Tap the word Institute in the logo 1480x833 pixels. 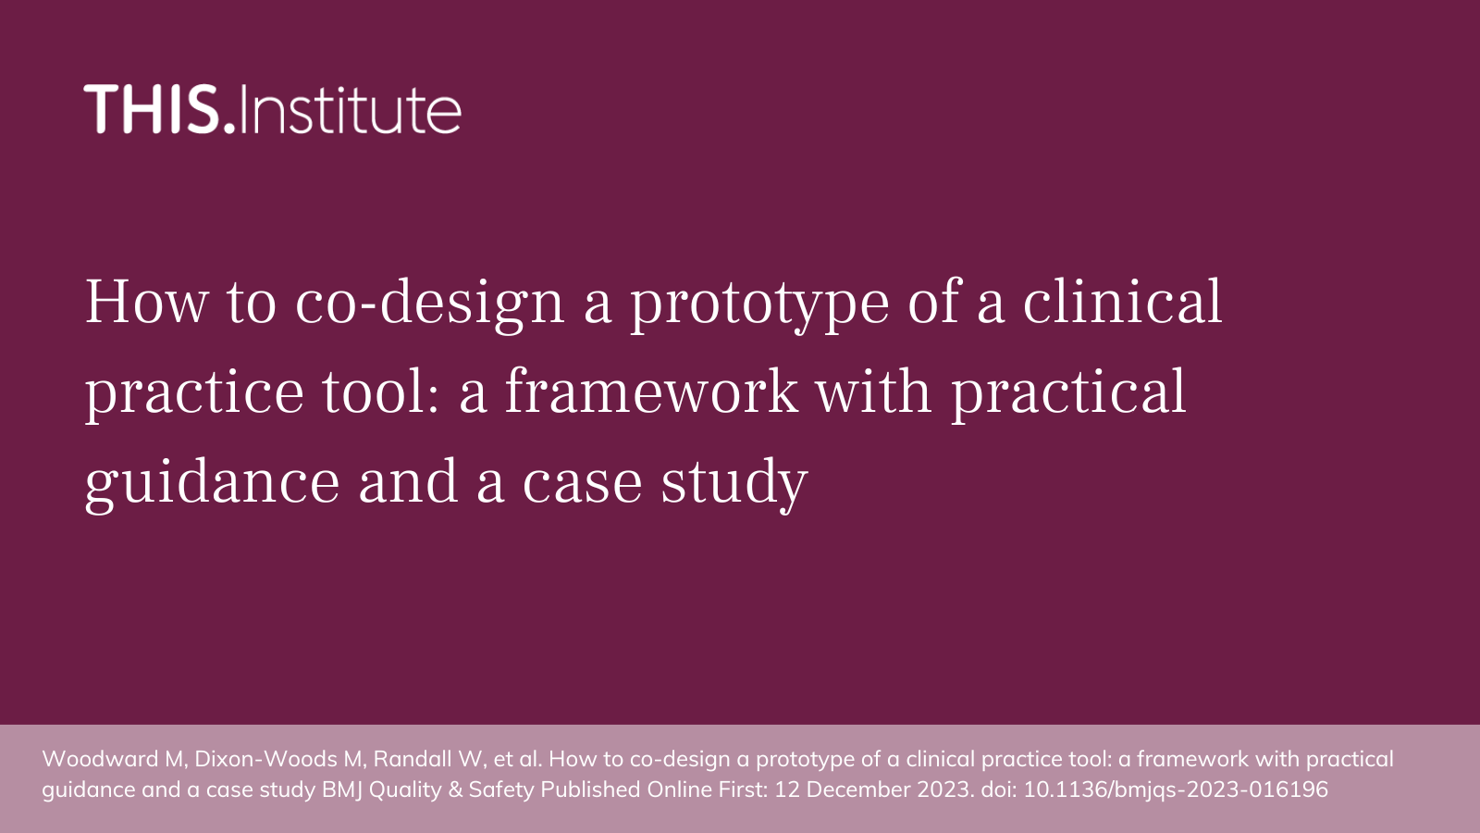click(x=351, y=109)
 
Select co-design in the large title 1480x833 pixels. click(x=429, y=305)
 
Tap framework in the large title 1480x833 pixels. click(x=651, y=392)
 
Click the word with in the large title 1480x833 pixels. click(x=873, y=392)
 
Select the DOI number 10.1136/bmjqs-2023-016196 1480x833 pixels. click(x=1176, y=790)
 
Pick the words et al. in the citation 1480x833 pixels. click(x=517, y=759)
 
